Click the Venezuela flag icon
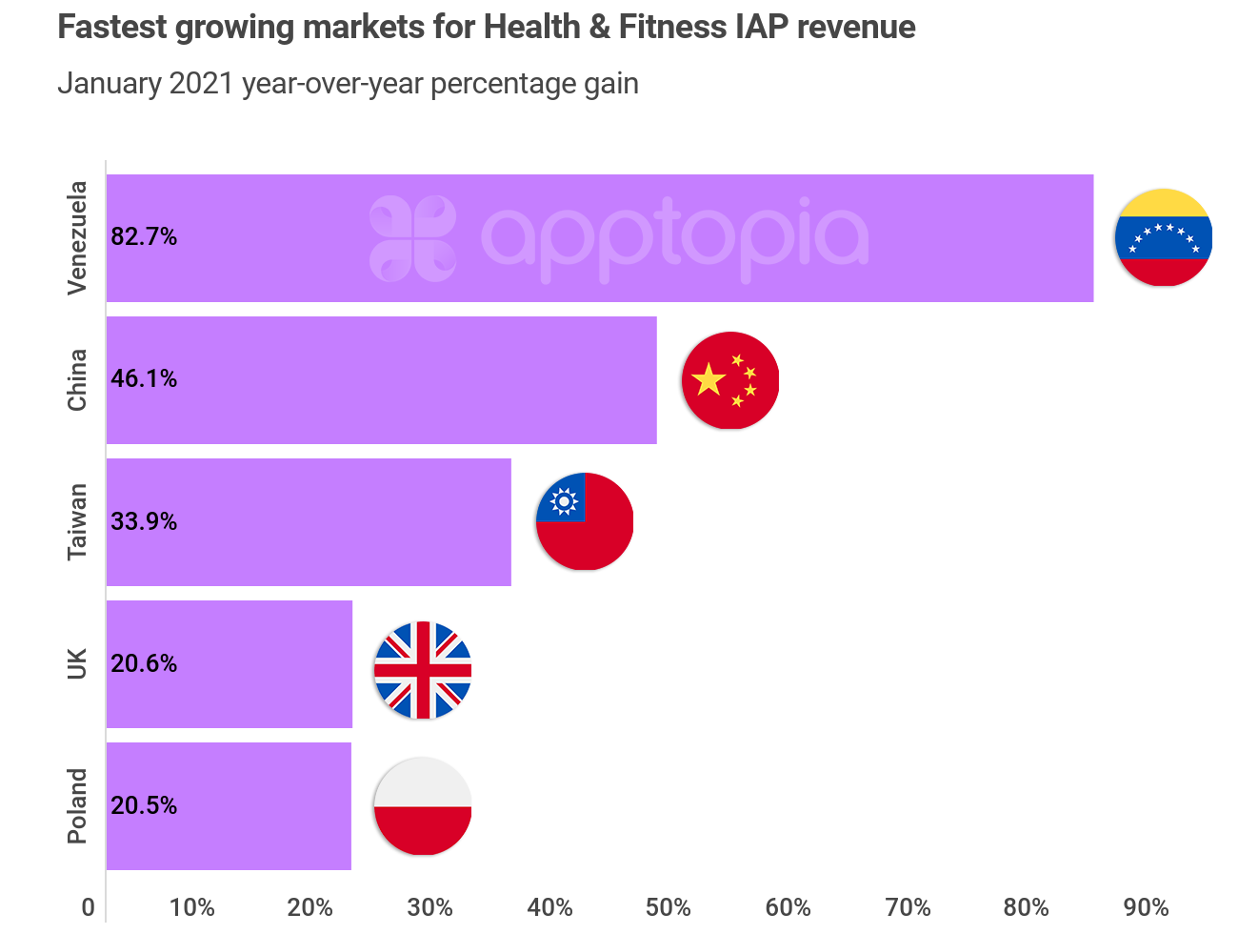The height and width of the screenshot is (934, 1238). point(1163,237)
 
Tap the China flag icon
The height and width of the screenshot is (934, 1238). point(730,380)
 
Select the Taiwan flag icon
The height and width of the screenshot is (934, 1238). point(585,521)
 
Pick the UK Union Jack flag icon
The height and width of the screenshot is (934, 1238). point(423,670)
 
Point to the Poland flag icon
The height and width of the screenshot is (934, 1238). point(423,806)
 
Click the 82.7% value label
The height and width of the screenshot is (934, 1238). point(144,237)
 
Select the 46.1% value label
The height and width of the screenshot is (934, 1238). point(144,379)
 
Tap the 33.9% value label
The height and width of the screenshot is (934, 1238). point(144,521)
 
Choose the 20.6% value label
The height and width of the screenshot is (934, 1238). point(144,663)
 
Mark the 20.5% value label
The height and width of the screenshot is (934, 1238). point(144,805)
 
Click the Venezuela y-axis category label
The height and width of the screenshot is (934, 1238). point(77,237)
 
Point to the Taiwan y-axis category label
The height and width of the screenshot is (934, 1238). point(77,521)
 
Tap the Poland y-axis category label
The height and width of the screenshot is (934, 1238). point(77,805)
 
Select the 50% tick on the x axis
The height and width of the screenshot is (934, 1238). point(668,907)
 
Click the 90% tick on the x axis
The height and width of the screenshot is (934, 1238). point(1146,907)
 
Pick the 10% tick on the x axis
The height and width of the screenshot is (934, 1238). point(191,907)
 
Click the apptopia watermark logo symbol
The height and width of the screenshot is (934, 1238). point(412,238)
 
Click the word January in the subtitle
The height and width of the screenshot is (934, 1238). point(109,84)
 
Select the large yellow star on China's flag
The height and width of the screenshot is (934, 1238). point(709,379)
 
